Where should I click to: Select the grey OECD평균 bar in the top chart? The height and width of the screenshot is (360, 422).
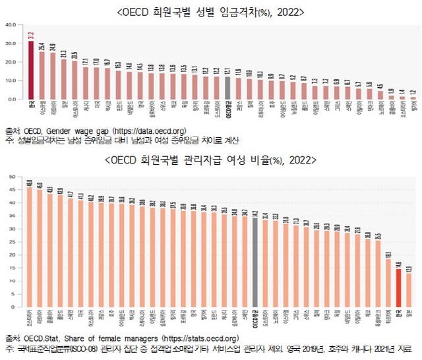(227, 88)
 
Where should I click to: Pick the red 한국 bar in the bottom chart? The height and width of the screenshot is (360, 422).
(398, 288)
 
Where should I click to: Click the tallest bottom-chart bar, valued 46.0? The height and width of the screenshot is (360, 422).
(29, 247)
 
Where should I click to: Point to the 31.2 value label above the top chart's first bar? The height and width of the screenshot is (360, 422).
(30, 36)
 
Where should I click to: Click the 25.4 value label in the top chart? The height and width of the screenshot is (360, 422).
(42, 46)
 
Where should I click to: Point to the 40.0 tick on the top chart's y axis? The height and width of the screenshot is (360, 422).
(10, 25)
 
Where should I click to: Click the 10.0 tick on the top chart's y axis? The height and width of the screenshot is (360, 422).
(10, 80)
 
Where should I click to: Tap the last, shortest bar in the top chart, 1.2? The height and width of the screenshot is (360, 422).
(413, 98)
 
